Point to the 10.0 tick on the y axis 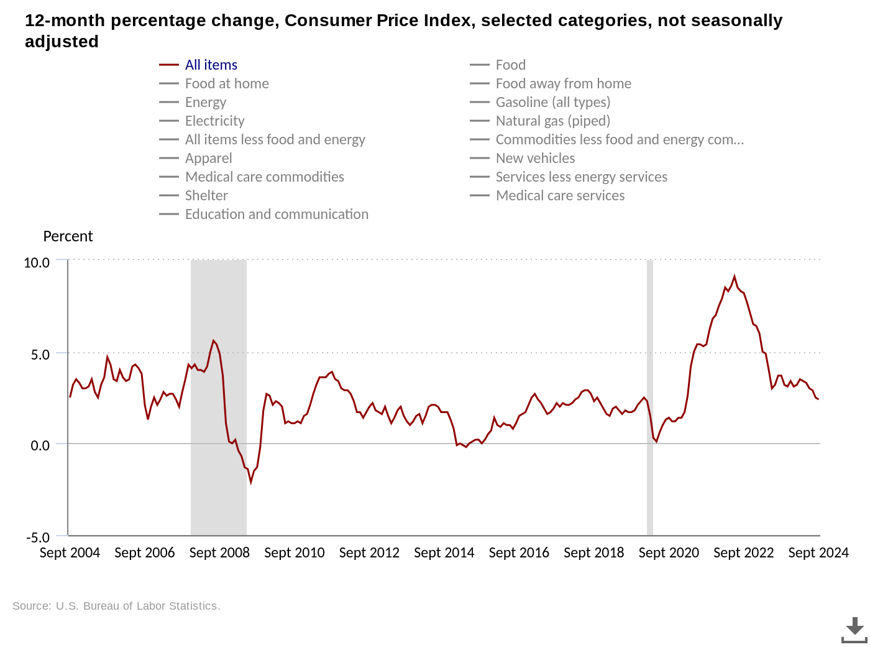click(37, 263)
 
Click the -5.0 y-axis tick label click(37, 537)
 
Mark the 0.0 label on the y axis click(40, 445)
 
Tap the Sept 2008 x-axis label click(219, 552)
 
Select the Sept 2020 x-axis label click(669, 552)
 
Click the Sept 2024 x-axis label click(818, 552)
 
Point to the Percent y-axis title click(68, 236)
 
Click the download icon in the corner click(854, 630)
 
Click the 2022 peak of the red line click(735, 276)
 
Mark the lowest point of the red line click(251, 482)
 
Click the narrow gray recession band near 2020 click(650, 398)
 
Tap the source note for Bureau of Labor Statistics click(116, 606)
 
